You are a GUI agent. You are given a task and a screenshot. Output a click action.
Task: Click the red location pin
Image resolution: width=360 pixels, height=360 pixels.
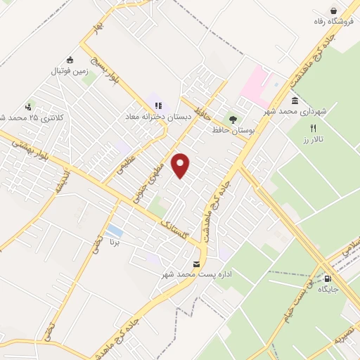(x=181, y=165)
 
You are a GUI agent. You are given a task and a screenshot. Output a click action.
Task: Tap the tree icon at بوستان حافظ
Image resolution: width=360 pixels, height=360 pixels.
(x=232, y=118)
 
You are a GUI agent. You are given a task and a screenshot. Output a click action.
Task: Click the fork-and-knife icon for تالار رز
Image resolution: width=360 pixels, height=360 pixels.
(x=314, y=128)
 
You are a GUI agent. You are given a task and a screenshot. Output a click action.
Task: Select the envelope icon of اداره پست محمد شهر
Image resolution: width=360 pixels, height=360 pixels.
(x=195, y=264)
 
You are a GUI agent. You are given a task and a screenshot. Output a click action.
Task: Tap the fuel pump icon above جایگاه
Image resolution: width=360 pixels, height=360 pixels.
(x=327, y=278)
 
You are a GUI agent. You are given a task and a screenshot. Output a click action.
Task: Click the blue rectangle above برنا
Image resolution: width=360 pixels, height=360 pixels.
(x=114, y=231)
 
